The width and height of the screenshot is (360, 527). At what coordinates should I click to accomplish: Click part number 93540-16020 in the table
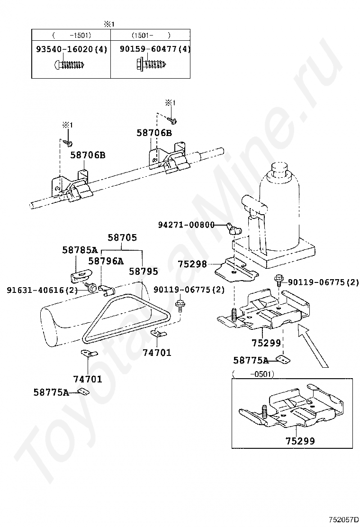pyautogui.click(x=64, y=49)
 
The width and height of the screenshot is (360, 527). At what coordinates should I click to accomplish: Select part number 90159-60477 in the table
pyautogui.click(x=148, y=49)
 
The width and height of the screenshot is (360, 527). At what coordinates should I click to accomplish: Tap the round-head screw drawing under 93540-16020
pyautogui.click(x=71, y=64)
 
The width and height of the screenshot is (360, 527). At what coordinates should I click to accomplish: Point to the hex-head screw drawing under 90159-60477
pyautogui.click(x=152, y=63)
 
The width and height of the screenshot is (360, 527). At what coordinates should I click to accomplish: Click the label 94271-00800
pyautogui.click(x=186, y=225)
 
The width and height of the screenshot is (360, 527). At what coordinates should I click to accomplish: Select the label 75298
pyautogui.click(x=192, y=264)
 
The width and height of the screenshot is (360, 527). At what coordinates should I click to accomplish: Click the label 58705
pyautogui.click(x=122, y=237)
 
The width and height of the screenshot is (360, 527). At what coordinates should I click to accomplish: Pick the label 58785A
pyautogui.click(x=80, y=250)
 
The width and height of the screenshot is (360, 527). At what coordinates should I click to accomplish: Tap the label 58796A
pyautogui.click(x=106, y=261)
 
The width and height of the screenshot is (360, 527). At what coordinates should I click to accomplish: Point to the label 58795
pyautogui.click(x=144, y=271)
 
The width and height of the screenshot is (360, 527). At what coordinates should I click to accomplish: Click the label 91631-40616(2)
pyautogui.click(x=42, y=290)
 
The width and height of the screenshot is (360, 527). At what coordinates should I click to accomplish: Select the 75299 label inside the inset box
pyautogui.click(x=300, y=441)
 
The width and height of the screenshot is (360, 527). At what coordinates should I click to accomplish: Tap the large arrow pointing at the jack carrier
pyautogui.click(x=312, y=345)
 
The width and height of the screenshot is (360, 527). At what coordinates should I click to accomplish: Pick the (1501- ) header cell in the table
pyautogui.click(x=151, y=35)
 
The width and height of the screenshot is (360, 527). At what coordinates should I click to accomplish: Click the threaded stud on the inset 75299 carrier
pyautogui.click(x=264, y=411)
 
